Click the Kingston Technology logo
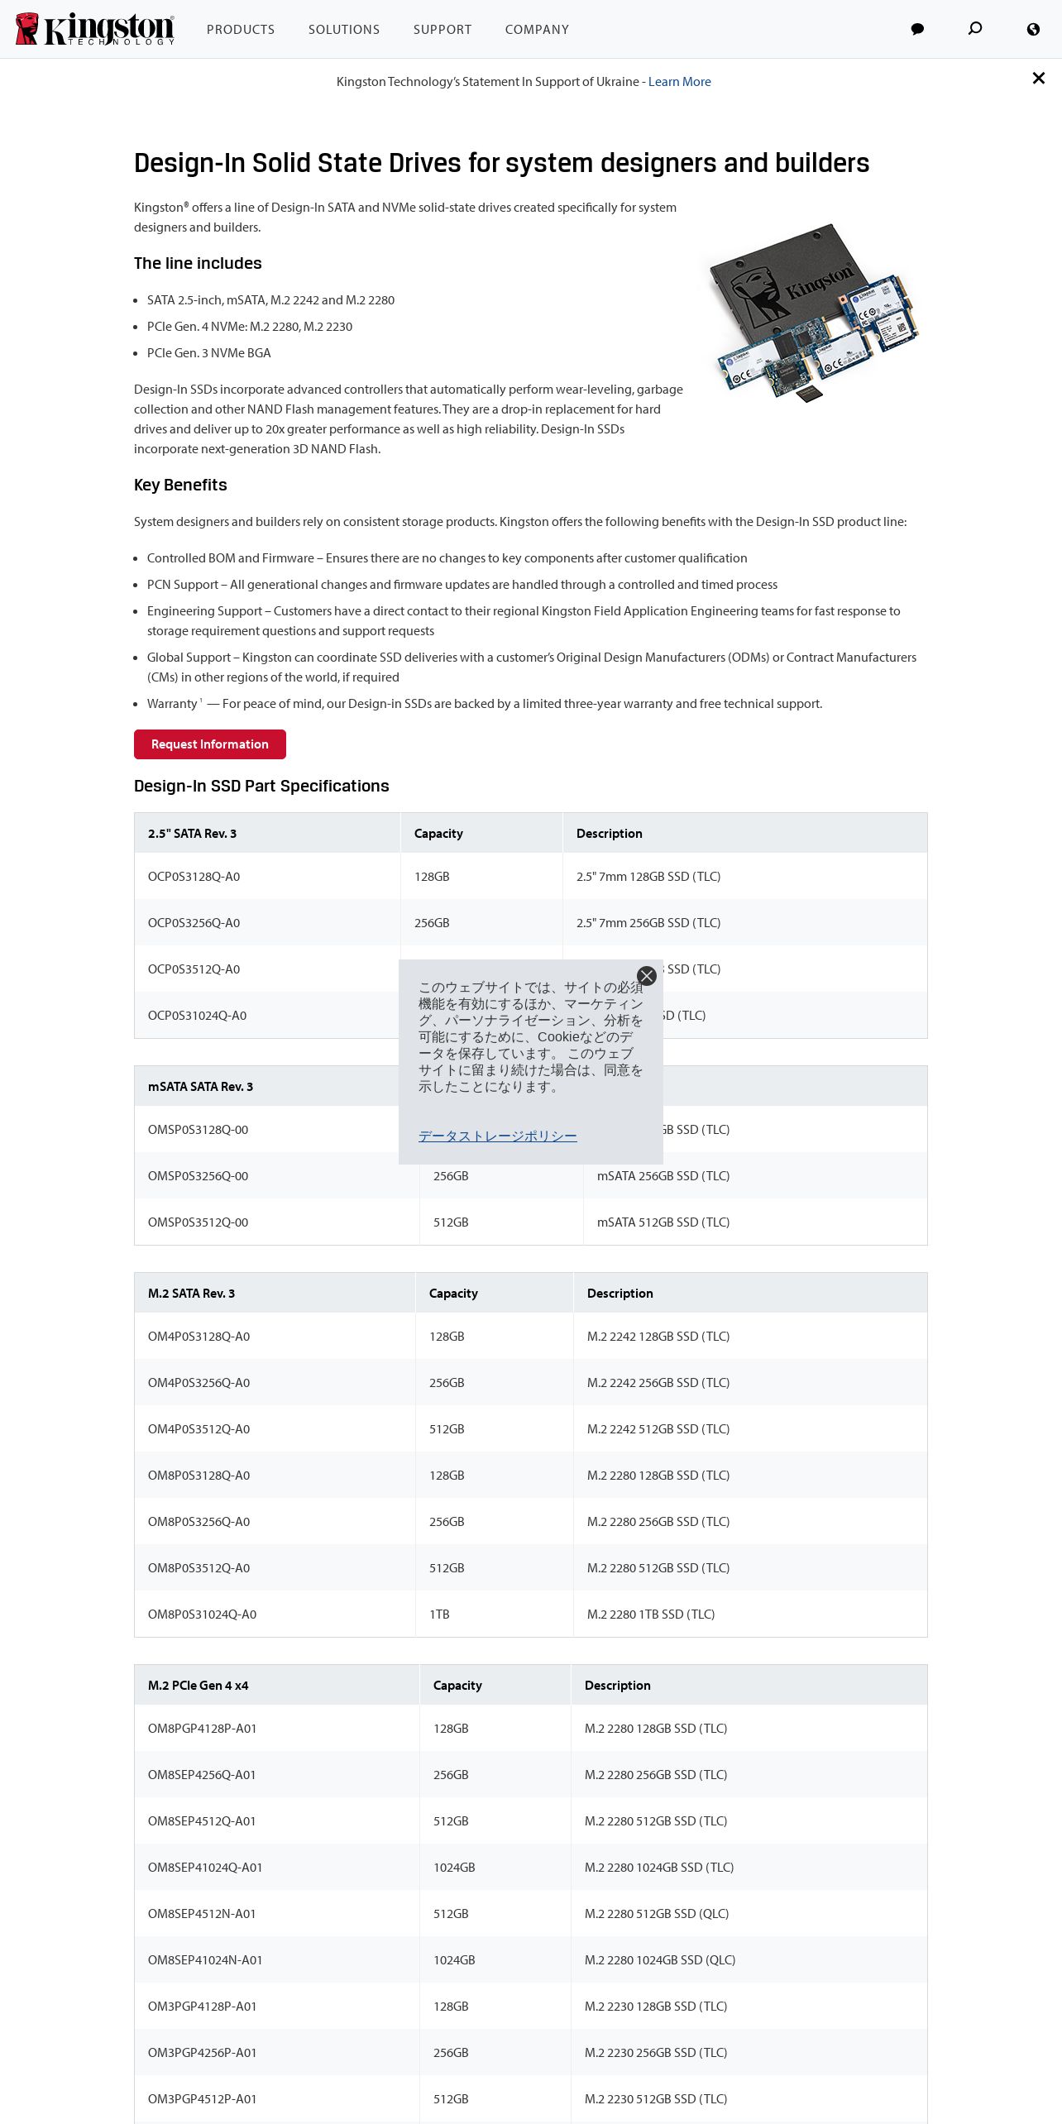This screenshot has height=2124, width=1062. (x=95, y=29)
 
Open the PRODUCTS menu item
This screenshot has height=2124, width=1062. (x=241, y=30)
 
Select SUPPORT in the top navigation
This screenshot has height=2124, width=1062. (x=442, y=30)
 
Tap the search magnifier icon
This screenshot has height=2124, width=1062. (x=975, y=29)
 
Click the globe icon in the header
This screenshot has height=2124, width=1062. (x=1033, y=30)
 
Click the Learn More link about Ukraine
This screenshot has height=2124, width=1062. (x=679, y=82)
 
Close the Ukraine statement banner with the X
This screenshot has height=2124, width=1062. (x=1039, y=78)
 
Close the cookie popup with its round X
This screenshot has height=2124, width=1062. (x=647, y=976)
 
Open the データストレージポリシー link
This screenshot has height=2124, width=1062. (x=497, y=1136)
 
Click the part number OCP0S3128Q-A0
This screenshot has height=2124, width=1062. (x=194, y=877)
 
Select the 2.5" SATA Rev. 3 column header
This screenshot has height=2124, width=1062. (x=192, y=834)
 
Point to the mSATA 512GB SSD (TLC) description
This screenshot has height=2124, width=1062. (x=663, y=1222)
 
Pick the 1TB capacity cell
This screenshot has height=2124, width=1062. (x=439, y=1615)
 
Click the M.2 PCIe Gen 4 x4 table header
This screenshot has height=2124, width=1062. (x=199, y=1686)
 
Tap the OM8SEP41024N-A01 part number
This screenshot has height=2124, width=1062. (x=205, y=1960)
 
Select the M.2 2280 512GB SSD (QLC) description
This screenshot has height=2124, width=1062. (x=657, y=1914)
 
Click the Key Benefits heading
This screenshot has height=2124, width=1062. (x=180, y=485)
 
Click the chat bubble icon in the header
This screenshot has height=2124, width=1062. (x=917, y=30)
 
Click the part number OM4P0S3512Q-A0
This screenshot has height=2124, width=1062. (x=199, y=1429)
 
